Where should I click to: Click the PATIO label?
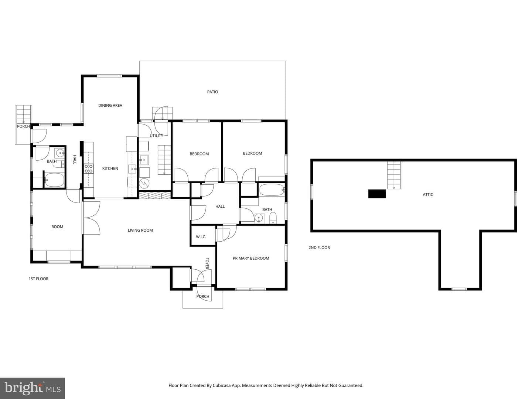click(x=212, y=92)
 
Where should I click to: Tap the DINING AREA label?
click(x=110, y=105)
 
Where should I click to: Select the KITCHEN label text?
click(x=110, y=168)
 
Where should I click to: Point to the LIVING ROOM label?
click(x=140, y=231)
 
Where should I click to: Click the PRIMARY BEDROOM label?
click(x=251, y=258)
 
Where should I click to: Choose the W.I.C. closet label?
click(x=201, y=237)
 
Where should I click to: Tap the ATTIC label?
click(x=428, y=195)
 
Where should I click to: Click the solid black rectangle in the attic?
click(x=377, y=194)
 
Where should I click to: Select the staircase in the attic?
click(x=394, y=175)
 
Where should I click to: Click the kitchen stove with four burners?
click(x=88, y=168)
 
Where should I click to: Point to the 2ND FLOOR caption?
click(x=319, y=248)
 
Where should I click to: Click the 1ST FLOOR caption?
click(x=38, y=279)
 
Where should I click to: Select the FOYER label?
click(x=207, y=263)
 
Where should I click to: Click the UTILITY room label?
click(x=156, y=136)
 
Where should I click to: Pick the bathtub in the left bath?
click(x=55, y=180)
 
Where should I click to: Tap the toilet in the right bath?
click(x=273, y=218)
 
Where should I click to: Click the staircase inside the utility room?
click(x=164, y=160)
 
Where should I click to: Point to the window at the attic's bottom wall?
click(x=459, y=289)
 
